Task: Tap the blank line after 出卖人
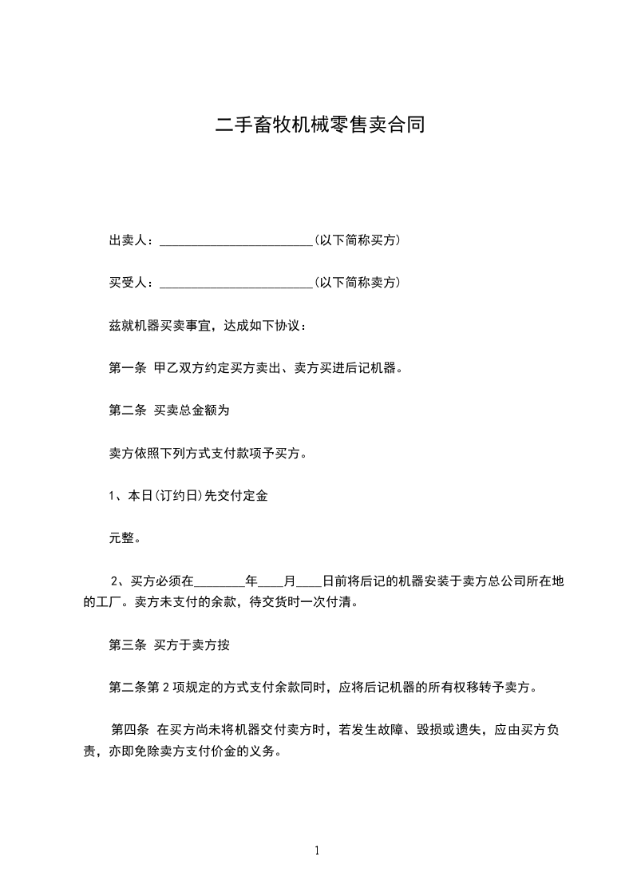tap(236, 242)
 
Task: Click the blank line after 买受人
tap(236, 284)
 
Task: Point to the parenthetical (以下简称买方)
tap(357, 240)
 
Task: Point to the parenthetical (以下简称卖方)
tap(357, 283)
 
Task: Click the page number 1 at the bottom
tap(317, 851)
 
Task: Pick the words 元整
tap(125, 539)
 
